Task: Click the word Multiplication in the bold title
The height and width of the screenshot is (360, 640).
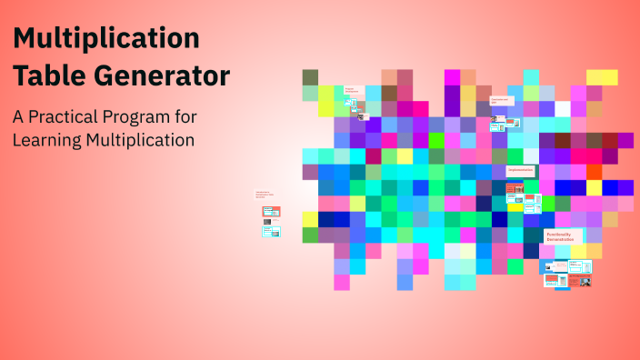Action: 106,39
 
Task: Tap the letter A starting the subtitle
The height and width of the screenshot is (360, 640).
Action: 17,117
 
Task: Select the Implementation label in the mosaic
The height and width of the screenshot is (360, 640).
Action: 519,170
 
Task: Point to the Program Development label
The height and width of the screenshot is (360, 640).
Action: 351,91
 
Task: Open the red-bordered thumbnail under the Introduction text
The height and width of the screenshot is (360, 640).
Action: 271,212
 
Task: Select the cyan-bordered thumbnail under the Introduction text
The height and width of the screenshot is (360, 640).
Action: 271,231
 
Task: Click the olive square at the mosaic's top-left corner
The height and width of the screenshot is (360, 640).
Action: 310,77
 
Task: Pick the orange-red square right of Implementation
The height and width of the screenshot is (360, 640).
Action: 594,171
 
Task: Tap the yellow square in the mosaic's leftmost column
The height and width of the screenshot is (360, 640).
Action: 310,218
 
